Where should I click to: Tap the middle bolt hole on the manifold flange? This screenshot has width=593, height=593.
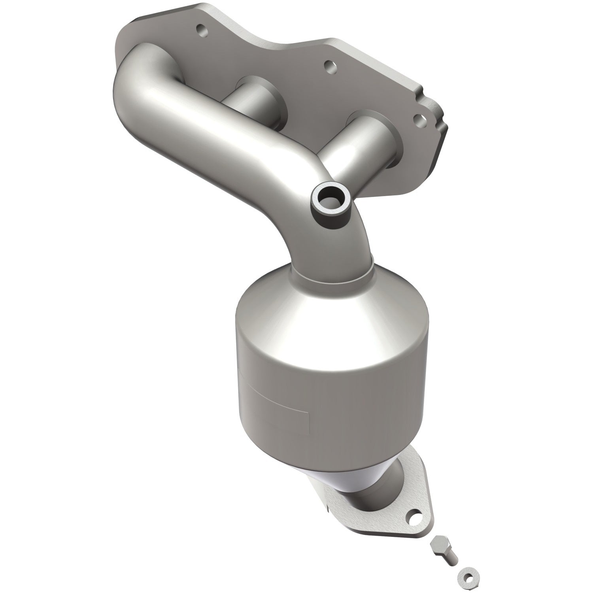pyautogui.click(x=327, y=64)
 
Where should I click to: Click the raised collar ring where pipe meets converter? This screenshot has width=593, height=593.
pyautogui.click(x=332, y=273)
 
